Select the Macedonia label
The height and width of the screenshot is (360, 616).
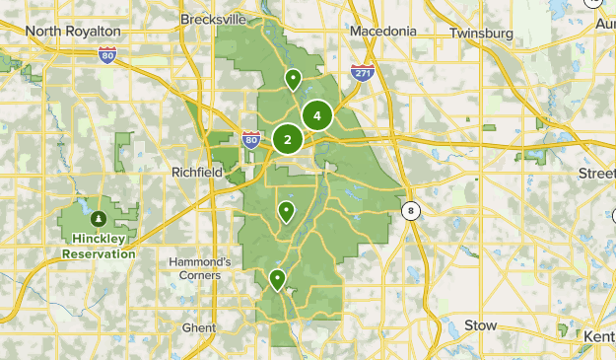(383, 31)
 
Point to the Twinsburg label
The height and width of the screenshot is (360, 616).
(482, 33)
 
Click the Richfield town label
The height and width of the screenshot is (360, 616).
(196, 172)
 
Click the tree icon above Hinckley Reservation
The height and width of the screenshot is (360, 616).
(99, 218)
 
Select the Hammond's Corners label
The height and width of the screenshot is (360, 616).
(199, 268)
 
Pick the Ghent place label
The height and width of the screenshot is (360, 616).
(198, 327)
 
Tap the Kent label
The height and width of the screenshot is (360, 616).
(598, 337)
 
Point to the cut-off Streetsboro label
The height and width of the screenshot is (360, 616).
(596, 173)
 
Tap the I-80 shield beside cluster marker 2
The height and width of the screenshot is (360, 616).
(251, 141)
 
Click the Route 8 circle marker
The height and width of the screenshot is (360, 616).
(410, 209)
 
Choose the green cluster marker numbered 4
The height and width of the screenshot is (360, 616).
(317, 116)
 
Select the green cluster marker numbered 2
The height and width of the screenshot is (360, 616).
(287, 139)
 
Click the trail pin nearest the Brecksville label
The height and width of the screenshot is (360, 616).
(293, 79)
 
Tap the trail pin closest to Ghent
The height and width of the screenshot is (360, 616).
(278, 280)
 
